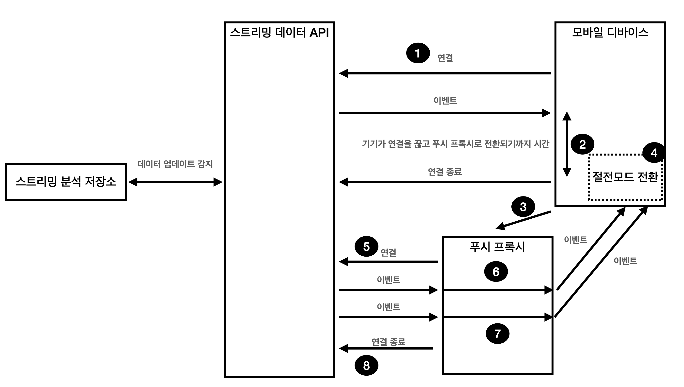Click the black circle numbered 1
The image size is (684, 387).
[418, 53]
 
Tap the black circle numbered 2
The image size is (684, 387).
[582, 144]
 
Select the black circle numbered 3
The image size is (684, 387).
[523, 207]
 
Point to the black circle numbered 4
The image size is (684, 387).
[654, 153]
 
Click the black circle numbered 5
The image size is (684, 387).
[366, 246]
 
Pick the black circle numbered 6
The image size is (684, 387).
[496, 272]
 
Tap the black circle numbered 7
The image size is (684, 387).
[497, 334]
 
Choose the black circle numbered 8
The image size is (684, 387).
[366, 366]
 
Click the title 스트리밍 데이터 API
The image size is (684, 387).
[279, 33]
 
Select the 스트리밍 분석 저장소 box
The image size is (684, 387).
[66, 182]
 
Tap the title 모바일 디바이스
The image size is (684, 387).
[610, 33]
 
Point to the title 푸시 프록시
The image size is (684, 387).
[497, 247]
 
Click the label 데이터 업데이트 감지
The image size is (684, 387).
[175, 164]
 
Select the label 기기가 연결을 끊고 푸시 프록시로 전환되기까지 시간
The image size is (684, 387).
[455, 144]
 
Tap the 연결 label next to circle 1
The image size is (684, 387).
[445, 58]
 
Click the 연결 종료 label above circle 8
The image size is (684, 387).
[388, 342]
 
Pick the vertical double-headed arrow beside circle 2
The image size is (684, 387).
[567, 144]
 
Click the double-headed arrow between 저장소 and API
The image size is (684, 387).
[175, 182]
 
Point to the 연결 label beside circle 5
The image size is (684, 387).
[388, 252]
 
